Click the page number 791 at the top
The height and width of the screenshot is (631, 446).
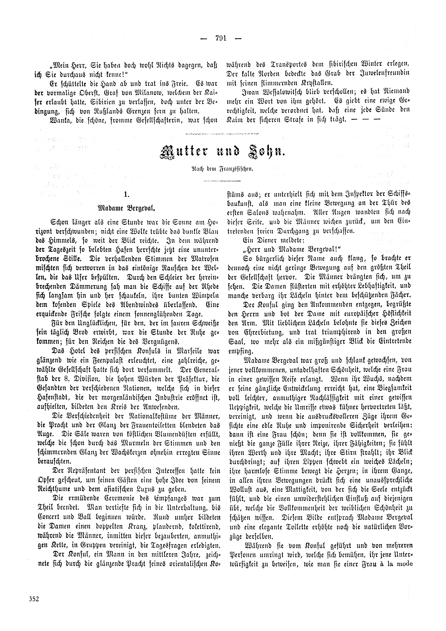click(219, 38)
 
